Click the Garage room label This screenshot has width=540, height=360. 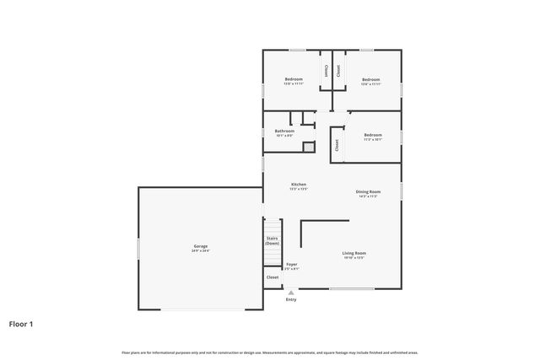[x=201, y=246]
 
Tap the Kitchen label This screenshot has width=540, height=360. [x=299, y=185]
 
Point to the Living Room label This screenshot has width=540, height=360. [x=354, y=253]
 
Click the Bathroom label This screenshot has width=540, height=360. [x=284, y=131]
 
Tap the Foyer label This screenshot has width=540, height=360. [x=291, y=265]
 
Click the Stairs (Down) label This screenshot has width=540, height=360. [x=272, y=241]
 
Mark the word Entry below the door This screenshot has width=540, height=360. [x=291, y=299]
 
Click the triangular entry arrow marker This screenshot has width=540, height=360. [x=291, y=293]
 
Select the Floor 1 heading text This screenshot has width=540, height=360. [x=21, y=323]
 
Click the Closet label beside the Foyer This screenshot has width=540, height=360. [x=272, y=277]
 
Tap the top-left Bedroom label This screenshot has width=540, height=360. [x=293, y=79]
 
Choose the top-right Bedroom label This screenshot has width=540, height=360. [x=371, y=79]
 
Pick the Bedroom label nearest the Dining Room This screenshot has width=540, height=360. [x=373, y=135]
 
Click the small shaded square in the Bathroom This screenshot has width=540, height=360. [x=309, y=148]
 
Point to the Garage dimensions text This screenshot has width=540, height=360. [x=201, y=251]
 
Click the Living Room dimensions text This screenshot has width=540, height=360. [x=354, y=258]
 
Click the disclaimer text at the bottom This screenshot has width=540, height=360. [x=269, y=352]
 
